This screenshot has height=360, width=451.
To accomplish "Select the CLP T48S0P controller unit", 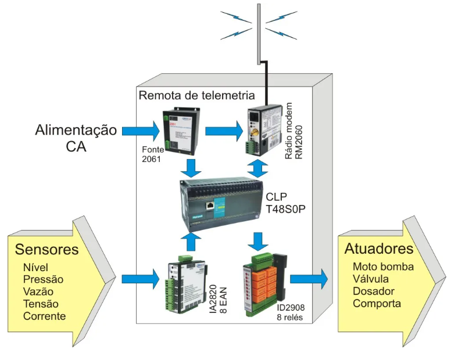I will click(x=223, y=204).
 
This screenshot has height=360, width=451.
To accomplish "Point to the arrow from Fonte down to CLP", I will click(x=191, y=168).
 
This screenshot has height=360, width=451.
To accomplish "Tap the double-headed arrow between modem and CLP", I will click(x=258, y=168).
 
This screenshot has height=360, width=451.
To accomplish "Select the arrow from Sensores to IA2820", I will click(x=139, y=279).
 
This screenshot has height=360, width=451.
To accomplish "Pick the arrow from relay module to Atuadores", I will click(x=309, y=279).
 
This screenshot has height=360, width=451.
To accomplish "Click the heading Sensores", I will click(x=46, y=250).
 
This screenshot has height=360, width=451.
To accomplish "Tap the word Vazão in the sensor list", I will click(x=39, y=291).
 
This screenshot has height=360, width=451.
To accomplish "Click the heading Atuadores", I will click(x=379, y=249).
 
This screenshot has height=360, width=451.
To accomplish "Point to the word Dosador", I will click(x=373, y=291).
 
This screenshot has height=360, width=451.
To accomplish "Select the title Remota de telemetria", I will click(x=196, y=95).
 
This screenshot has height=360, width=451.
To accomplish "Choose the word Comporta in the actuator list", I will click(x=377, y=303).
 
